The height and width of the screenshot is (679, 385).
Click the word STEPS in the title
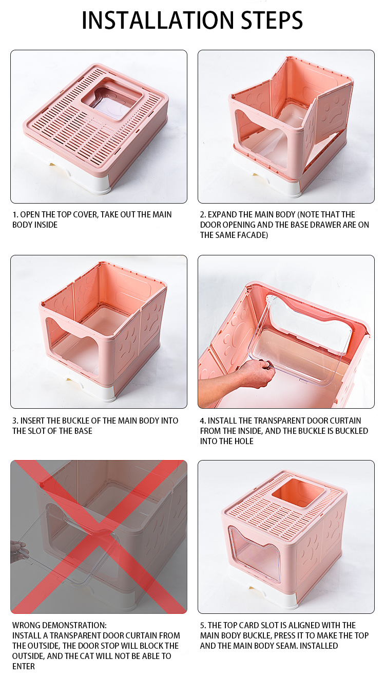[272, 21]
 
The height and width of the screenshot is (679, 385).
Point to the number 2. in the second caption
[203, 214]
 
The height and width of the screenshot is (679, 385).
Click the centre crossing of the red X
[99, 537]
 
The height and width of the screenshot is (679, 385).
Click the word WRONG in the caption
[27, 625]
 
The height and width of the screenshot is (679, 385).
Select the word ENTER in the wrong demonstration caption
[24, 667]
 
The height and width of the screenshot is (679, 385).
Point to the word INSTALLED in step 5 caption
[319, 646]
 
